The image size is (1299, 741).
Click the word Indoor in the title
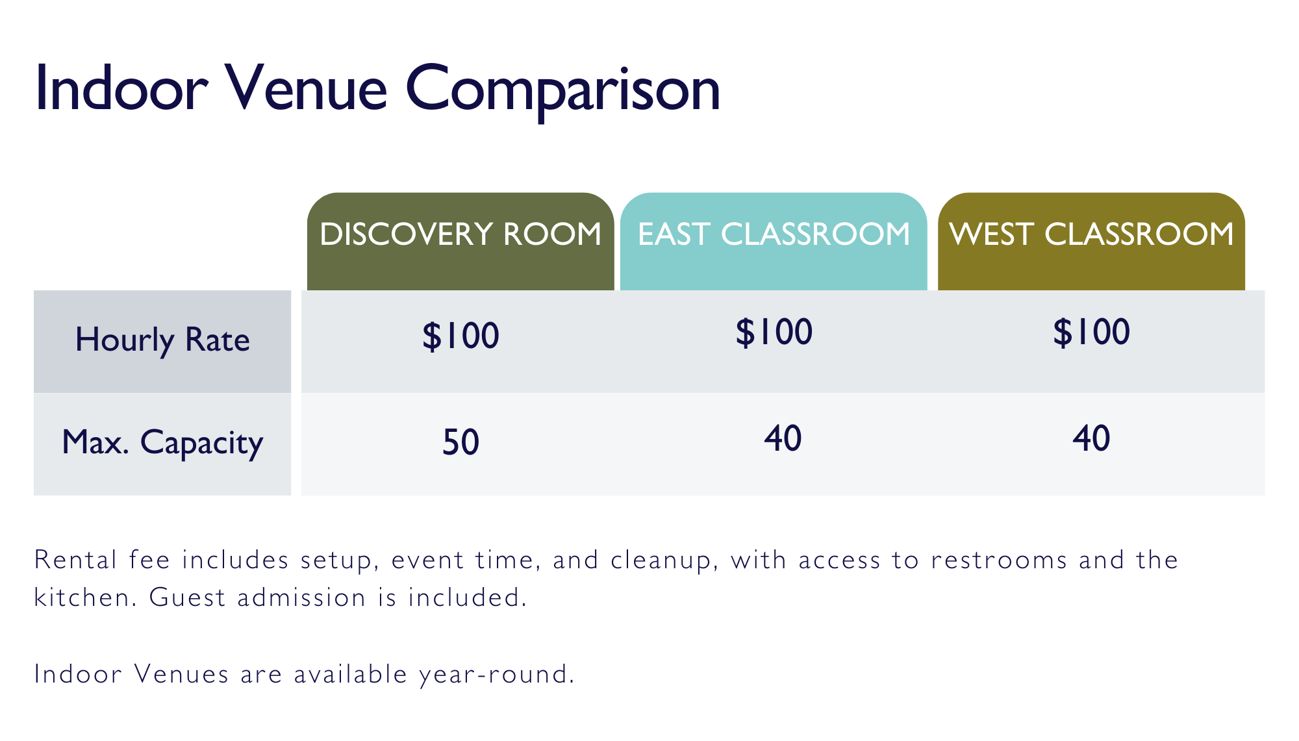tap(121, 88)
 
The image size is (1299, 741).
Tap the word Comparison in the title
tap(563, 92)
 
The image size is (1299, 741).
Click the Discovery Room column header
tap(460, 234)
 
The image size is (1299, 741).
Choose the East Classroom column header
tap(774, 234)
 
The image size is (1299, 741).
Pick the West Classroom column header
tap(1091, 234)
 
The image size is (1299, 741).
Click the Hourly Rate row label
tap(162, 340)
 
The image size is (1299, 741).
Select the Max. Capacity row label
tap(162, 443)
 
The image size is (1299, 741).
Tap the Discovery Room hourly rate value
tap(460, 336)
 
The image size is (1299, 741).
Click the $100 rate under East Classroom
tap(774, 332)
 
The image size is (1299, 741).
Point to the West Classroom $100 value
tap(1091, 332)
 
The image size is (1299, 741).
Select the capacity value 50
tap(460, 442)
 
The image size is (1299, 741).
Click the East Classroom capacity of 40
tap(783, 438)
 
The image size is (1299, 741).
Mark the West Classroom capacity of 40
tap(1091, 438)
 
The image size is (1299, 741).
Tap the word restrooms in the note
tap(999, 560)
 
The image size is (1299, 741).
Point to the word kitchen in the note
tap(85, 597)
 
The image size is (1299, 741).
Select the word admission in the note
tap(301, 597)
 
